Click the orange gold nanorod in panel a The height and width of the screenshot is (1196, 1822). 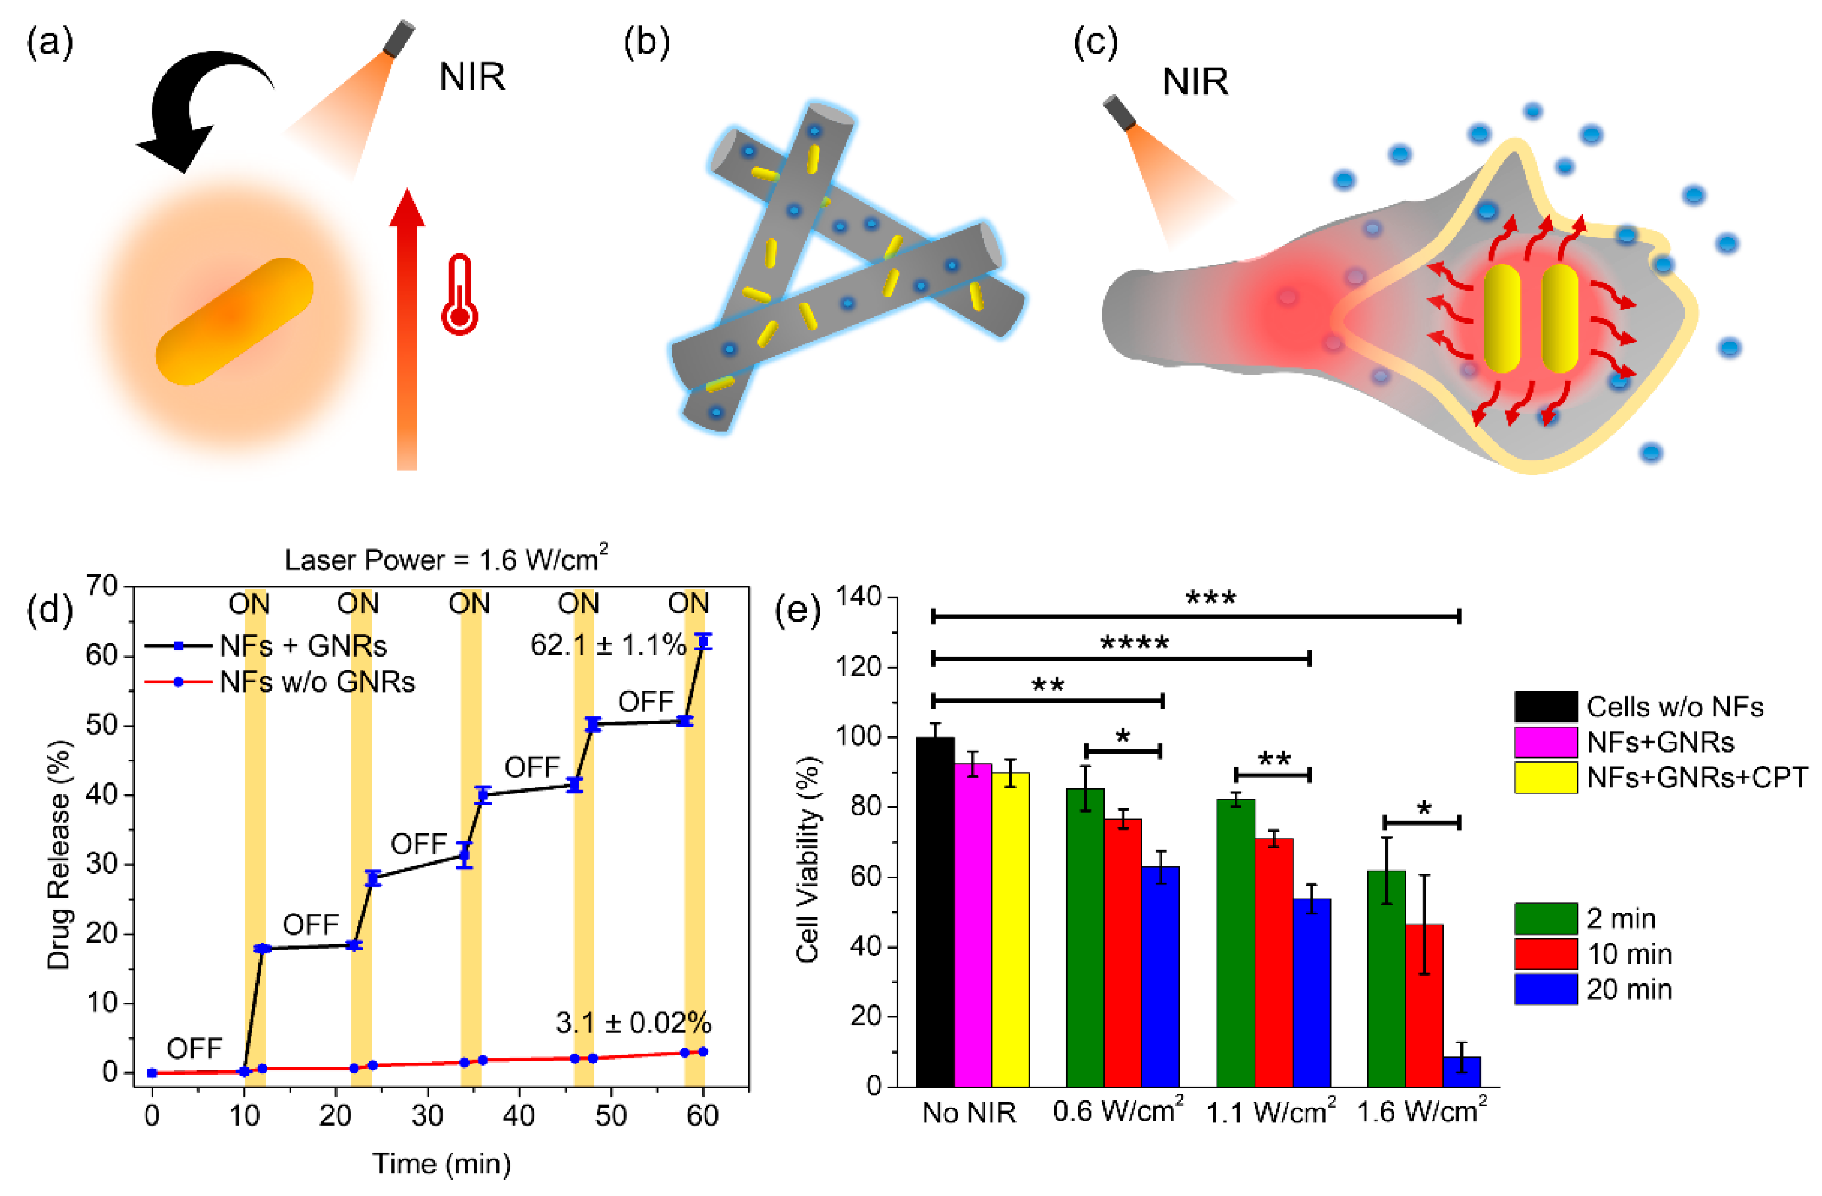pyautogui.click(x=234, y=321)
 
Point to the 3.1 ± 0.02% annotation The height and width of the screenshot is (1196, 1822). pyautogui.click(x=633, y=1022)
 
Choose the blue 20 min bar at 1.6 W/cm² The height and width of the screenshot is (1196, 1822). pyautogui.click(x=1461, y=1071)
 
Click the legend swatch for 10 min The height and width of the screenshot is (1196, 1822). pyautogui.click(x=1545, y=953)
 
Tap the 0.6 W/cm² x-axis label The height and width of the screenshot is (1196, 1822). pyautogui.click(x=1117, y=1111)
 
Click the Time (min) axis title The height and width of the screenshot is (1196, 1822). pyautogui.click(x=441, y=1163)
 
